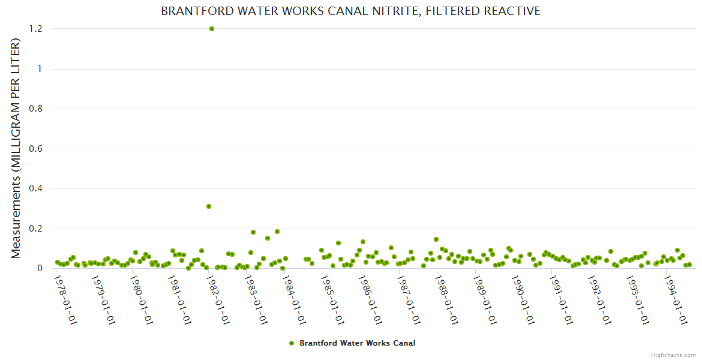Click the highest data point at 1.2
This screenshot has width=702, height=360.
(x=211, y=29)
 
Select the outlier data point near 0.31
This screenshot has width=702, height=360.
(x=209, y=206)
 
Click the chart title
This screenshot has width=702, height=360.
(x=350, y=11)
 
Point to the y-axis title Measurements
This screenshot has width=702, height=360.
(x=16, y=148)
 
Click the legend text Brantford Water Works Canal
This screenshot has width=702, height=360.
(x=357, y=343)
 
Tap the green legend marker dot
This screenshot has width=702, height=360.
(x=292, y=343)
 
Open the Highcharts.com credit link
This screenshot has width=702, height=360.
(x=673, y=355)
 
